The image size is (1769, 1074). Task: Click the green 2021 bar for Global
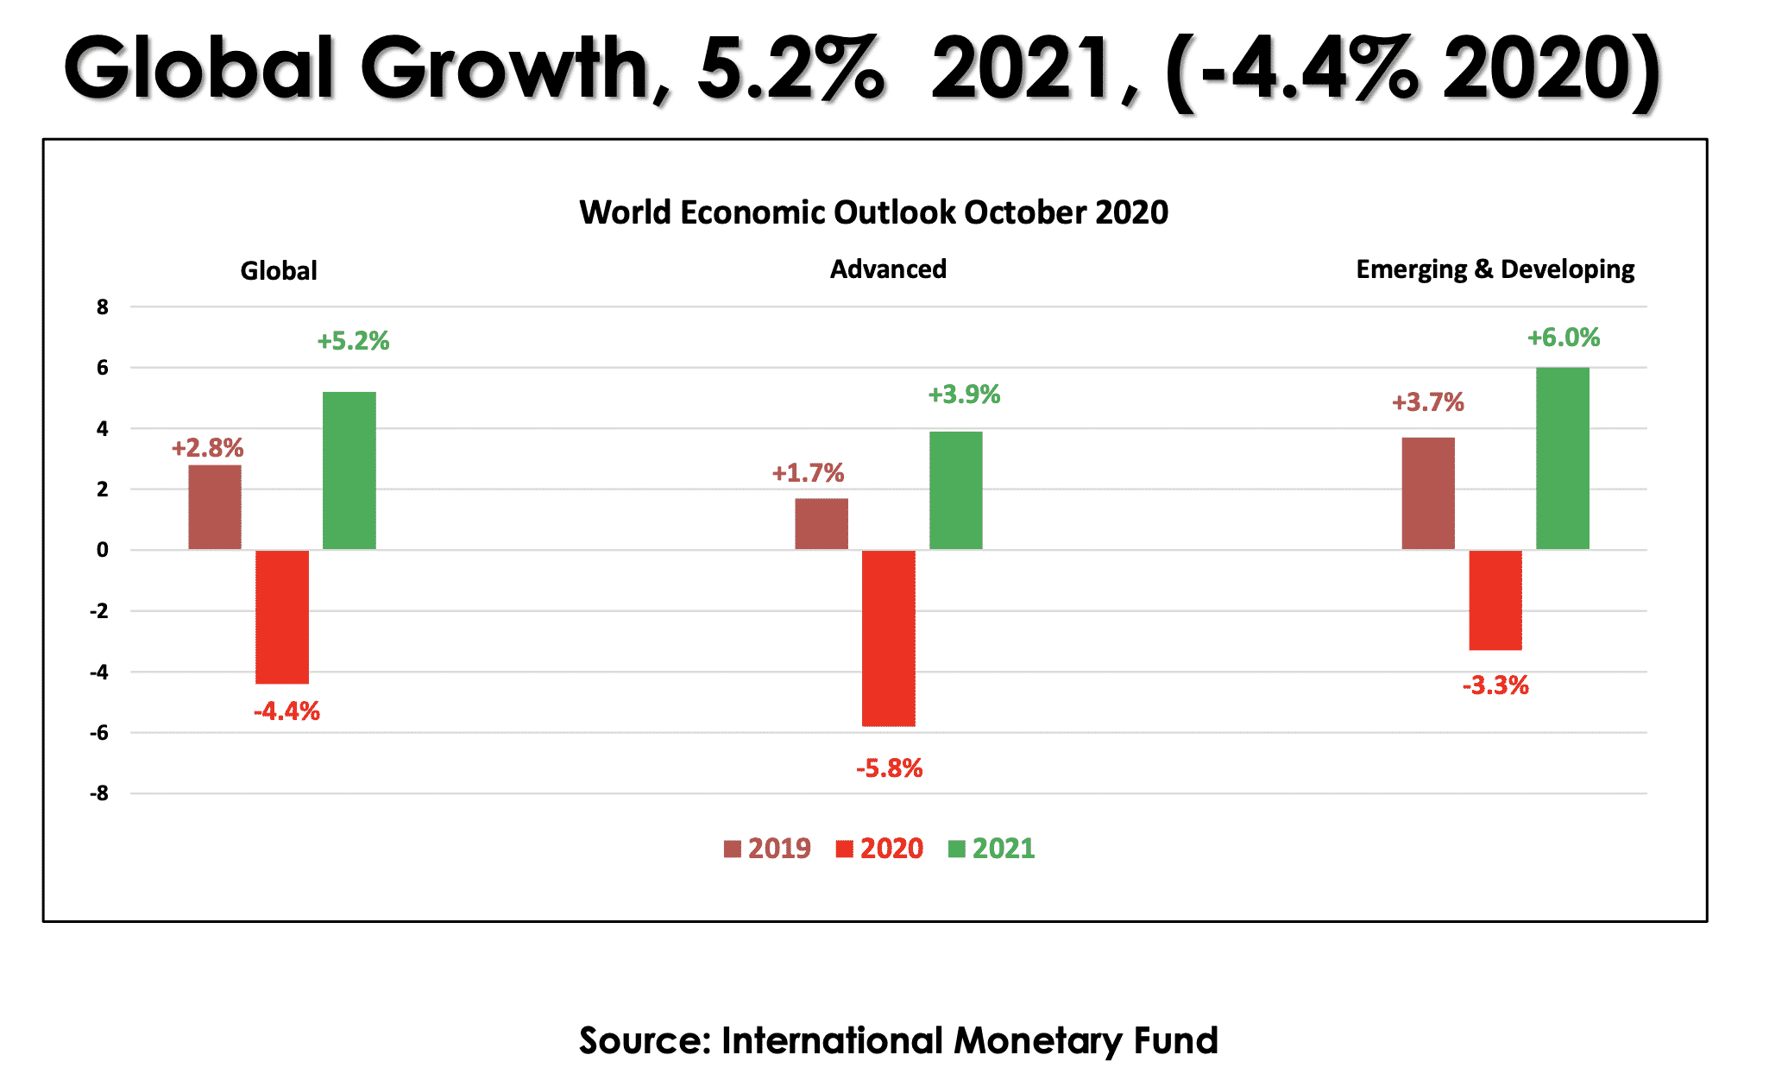coord(349,471)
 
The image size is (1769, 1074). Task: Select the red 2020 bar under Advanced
coord(889,638)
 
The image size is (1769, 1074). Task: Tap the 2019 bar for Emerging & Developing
coord(1428,493)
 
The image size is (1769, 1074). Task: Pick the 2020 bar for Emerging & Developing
coord(1495,600)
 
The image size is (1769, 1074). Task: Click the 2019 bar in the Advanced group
coord(822,523)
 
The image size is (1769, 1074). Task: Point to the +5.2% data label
coord(353,341)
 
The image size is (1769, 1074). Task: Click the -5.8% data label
coord(889,768)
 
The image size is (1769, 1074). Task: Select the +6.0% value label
coord(1564,338)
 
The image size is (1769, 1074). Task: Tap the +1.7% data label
coord(808,473)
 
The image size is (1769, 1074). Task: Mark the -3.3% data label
coord(1495,685)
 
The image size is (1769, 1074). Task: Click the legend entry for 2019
coord(768,849)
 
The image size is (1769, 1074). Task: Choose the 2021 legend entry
coord(992,849)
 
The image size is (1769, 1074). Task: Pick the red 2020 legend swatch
coord(845,850)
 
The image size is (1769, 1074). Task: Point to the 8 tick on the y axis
coord(103,307)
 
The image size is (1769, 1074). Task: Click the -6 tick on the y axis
coord(100,733)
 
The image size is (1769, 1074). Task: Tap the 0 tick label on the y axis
coord(103,550)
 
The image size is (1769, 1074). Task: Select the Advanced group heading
coord(888,269)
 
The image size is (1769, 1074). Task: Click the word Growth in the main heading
coord(507,69)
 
